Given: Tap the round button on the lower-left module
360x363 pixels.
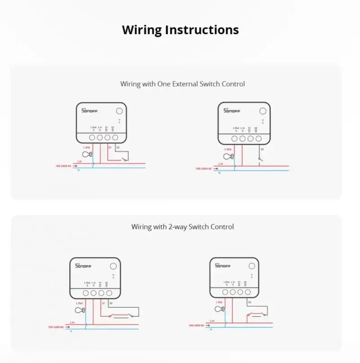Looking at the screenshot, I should coord(113,266).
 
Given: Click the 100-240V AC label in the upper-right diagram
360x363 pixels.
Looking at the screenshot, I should coord(203,169).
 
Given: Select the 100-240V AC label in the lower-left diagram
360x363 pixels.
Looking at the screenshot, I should coord(56,327).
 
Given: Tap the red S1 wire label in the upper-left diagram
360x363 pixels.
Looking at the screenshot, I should coord(110,147).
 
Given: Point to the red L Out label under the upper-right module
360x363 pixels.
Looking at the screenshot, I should coord(228,149).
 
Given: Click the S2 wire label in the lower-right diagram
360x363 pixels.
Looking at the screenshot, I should coord(249,302).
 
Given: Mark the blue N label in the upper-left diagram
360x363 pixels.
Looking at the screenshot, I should coord(78,170).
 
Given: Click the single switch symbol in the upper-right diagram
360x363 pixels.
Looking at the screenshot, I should coord(260,158).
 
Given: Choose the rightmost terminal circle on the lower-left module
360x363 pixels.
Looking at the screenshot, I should coord(109,293).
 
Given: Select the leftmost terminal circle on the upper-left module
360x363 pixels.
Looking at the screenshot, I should coord(92,137).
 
